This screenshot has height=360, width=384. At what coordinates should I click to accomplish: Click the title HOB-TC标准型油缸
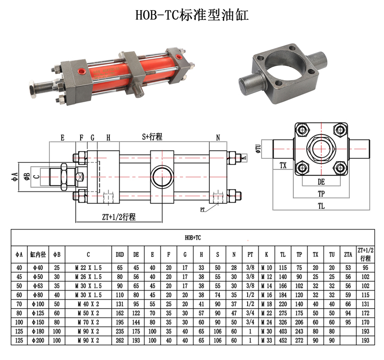coord(192,15)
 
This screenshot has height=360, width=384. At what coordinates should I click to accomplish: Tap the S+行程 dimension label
coord(152,137)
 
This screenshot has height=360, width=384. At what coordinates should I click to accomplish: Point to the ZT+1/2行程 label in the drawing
coord(119,217)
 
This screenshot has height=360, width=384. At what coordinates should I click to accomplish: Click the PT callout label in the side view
coord(202,210)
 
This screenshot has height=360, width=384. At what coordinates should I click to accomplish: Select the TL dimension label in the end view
coord(321,206)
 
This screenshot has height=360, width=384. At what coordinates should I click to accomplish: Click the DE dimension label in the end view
coord(321,182)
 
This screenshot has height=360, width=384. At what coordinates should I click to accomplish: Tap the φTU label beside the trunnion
coord(258,148)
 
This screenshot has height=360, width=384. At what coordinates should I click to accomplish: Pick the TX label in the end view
coord(283,166)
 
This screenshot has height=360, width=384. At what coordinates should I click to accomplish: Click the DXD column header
coord(120,255)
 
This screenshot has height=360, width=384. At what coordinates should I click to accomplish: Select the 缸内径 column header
coord(38,255)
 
